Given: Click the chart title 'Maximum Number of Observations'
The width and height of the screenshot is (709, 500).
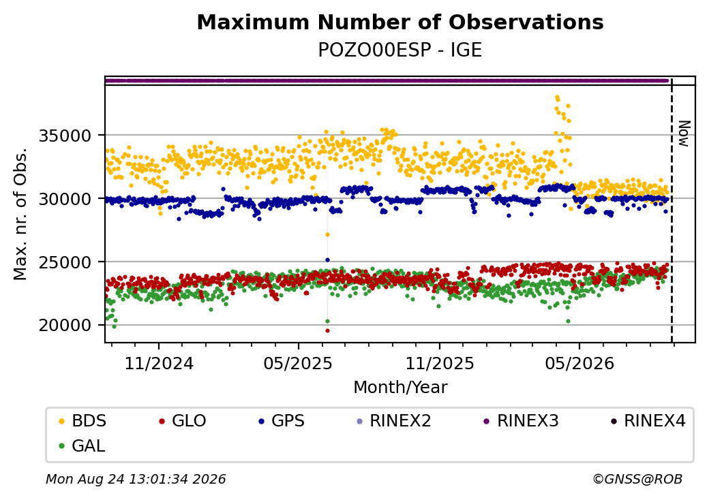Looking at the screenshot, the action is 400,22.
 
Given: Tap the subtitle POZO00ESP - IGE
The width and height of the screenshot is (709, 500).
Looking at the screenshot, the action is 400,50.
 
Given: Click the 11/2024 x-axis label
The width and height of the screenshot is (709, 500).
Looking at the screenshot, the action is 159,364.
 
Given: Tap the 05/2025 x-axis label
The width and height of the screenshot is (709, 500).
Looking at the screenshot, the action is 298,364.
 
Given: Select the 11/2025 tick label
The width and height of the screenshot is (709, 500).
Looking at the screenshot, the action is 440,364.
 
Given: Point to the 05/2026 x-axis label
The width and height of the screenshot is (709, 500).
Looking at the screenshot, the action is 579,364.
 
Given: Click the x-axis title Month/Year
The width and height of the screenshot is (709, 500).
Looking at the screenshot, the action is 400,387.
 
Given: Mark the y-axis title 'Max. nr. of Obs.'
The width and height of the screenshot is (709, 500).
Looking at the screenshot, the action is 20,214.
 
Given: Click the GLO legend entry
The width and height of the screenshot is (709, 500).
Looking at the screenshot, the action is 182,421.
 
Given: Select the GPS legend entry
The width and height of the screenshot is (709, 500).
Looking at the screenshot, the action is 282,421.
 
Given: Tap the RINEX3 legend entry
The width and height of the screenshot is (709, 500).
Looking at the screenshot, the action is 521,421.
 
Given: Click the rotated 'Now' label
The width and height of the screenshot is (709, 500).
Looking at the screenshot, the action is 684,134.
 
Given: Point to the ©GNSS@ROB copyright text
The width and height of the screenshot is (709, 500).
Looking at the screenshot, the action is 637,479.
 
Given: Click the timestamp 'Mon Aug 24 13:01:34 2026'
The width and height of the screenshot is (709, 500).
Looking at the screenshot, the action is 136,479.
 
